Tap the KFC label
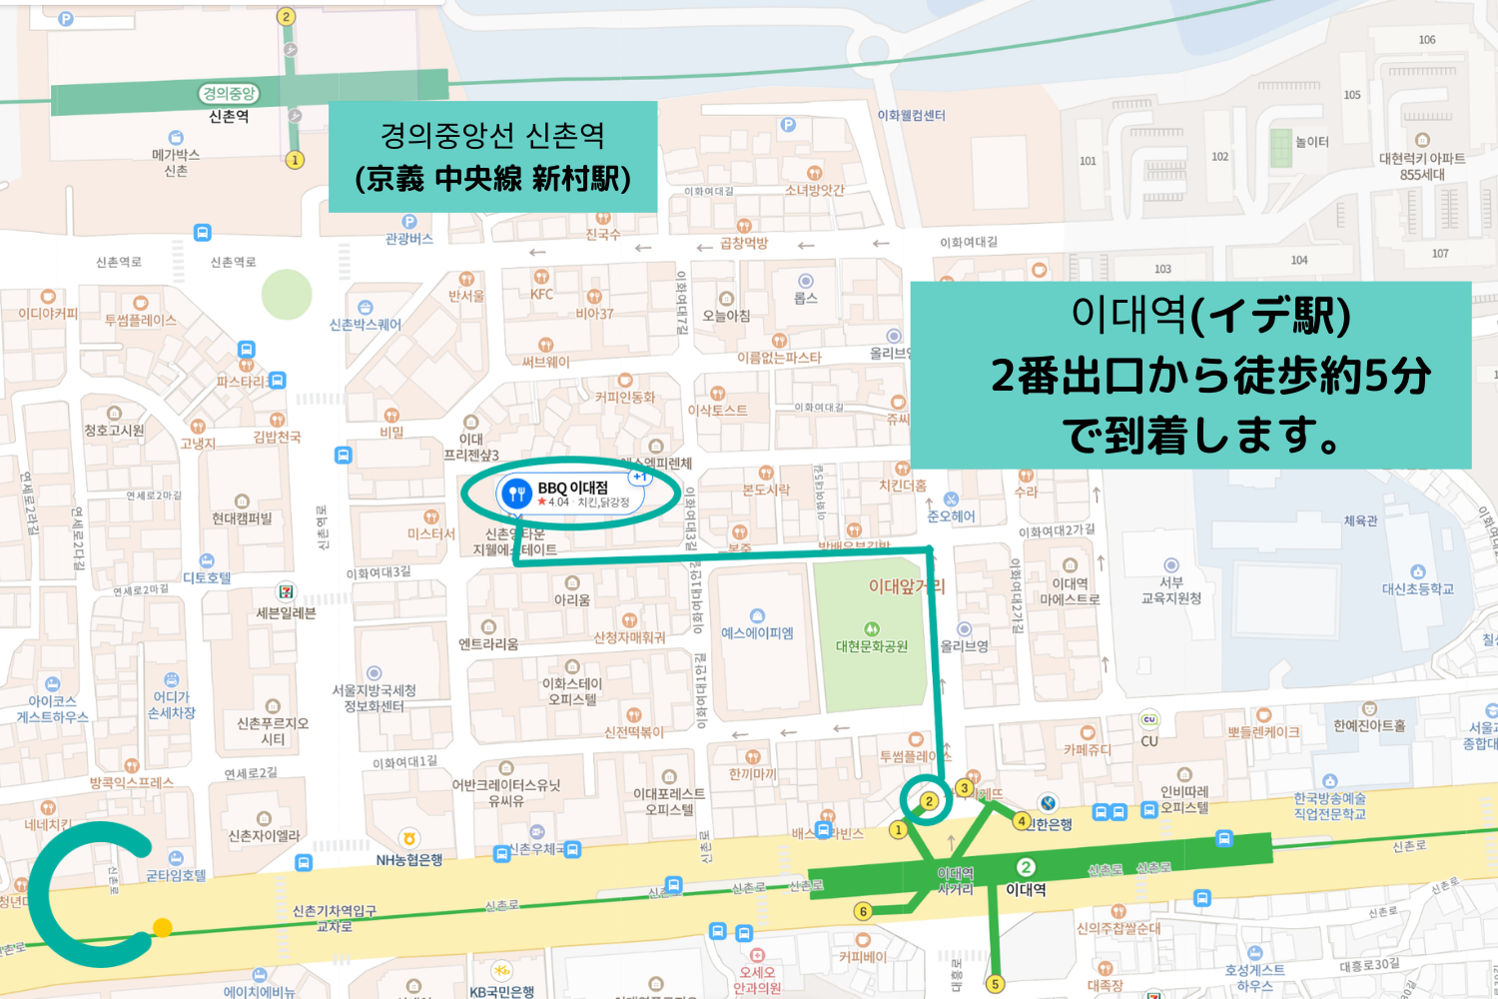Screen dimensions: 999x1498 pos(541,294)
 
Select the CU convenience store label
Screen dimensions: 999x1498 pos(1149,740)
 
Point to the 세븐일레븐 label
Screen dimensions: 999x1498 pos(286,612)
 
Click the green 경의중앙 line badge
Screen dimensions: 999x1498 pos(229,94)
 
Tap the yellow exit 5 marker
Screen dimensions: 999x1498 pos(995,984)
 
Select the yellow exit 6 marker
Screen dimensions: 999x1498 pos(864,911)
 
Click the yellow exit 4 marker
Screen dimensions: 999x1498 pos(1021,821)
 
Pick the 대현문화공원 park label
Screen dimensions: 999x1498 pos(872,645)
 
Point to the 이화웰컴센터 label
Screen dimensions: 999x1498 pos(911,116)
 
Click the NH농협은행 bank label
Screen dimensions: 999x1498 pos(409,859)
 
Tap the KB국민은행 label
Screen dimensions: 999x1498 pos(501,991)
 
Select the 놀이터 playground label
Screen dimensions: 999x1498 pos(1311,142)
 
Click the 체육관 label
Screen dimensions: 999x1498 pos(1360,520)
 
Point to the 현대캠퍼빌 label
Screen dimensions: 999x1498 pos(242,517)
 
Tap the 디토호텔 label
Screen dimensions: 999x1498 pos(207,577)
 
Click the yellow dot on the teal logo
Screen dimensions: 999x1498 pos(163,927)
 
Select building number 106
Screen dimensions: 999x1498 pos(1427,40)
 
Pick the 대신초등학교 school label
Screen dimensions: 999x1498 pos(1417,588)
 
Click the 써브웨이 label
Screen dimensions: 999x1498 pos(545,362)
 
